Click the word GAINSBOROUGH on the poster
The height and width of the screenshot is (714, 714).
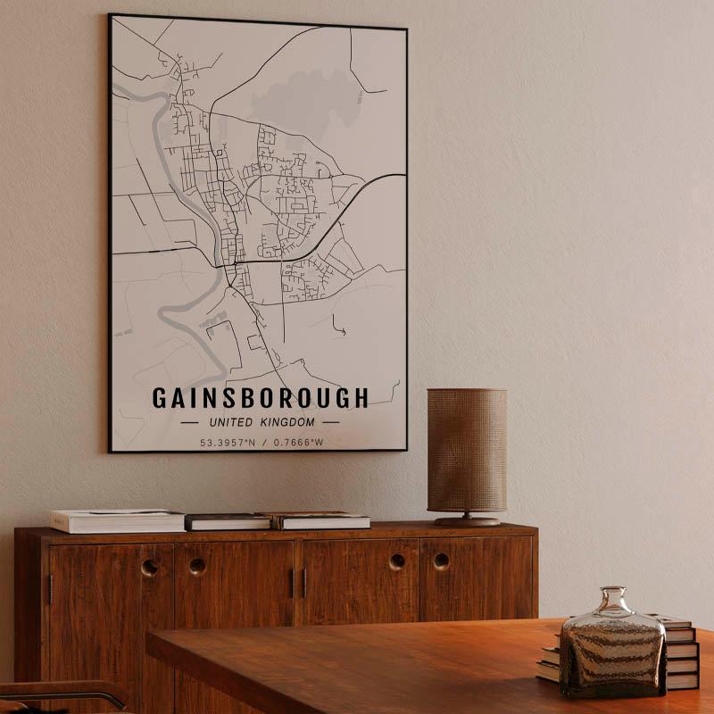pos(260,398)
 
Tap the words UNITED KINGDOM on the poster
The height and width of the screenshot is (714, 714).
pos(261,422)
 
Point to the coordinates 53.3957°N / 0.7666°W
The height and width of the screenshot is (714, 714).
pos(261,442)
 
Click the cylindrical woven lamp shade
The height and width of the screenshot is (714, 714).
pos(466,450)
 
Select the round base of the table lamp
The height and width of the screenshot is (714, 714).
pos(468,520)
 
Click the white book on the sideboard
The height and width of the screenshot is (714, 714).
pos(117,520)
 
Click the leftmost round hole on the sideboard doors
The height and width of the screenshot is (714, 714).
pos(150,567)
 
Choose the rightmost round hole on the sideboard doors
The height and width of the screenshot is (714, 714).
pos(442,561)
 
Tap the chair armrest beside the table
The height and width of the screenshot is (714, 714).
pos(62,693)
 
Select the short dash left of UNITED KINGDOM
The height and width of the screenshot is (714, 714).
pos(189,422)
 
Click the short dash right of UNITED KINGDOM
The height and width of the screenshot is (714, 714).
pos(331,422)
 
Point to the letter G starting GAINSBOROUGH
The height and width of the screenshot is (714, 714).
pos(159,398)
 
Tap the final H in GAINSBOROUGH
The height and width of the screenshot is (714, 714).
pos(361,398)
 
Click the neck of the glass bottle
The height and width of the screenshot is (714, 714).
pos(612,600)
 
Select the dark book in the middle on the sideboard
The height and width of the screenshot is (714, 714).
pos(228,521)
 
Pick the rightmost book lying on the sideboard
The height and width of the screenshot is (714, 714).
pos(323,520)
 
